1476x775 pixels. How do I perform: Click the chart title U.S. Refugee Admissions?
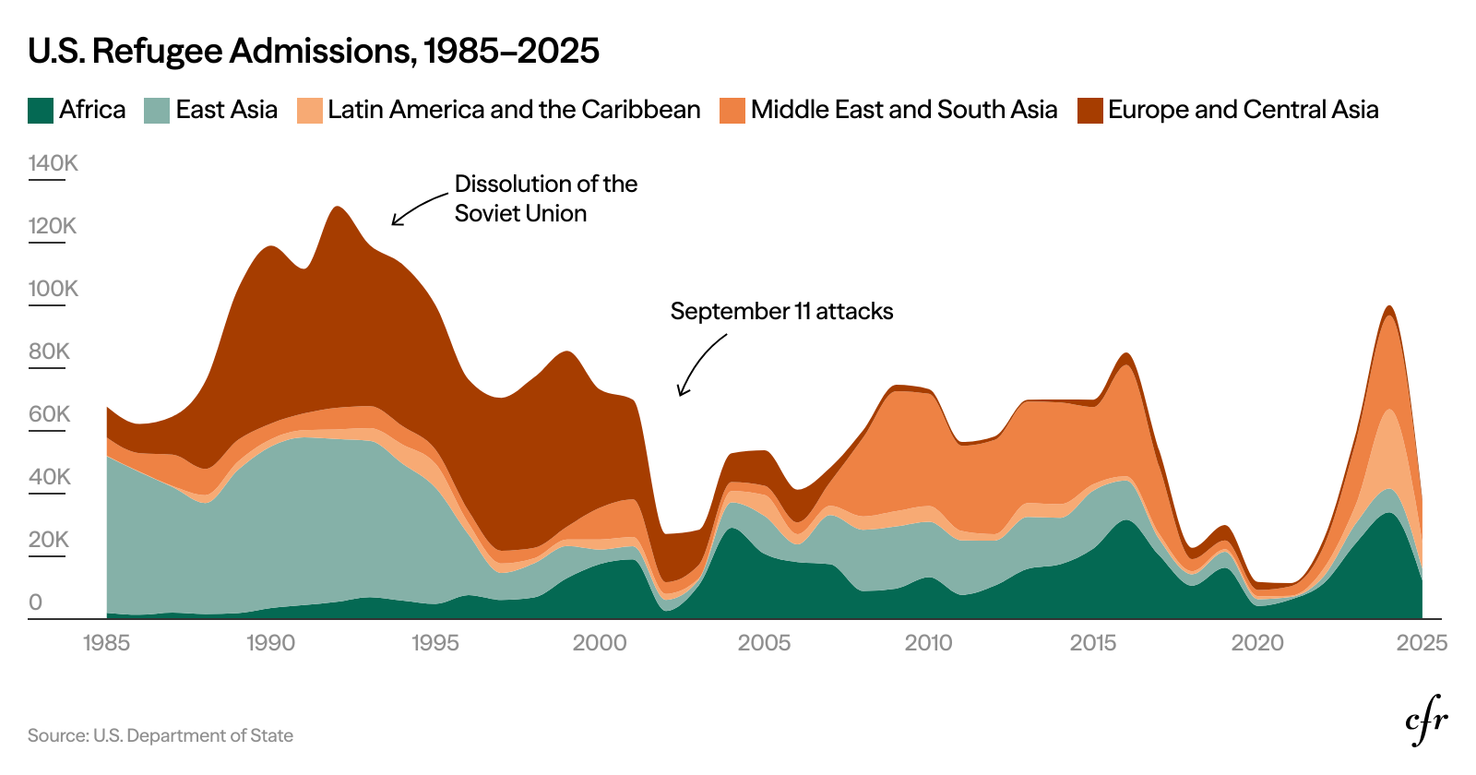pyautogui.click(x=314, y=51)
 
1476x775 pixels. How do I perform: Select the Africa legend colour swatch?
pyautogui.click(x=41, y=111)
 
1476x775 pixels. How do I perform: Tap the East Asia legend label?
pyautogui.click(x=226, y=110)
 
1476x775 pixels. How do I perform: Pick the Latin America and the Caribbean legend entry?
pyautogui.click(x=513, y=110)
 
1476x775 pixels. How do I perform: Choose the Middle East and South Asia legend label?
pyautogui.click(x=903, y=110)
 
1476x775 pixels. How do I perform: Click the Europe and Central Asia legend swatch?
pyautogui.click(x=1090, y=111)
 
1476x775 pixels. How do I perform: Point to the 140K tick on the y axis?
pyautogui.click(x=53, y=163)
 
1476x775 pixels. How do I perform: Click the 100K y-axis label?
pyautogui.click(x=53, y=289)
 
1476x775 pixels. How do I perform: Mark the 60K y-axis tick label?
pyautogui.click(x=49, y=414)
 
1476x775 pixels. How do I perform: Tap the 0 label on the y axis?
pyautogui.click(x=35, y=602)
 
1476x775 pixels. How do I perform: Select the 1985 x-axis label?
pyautogui.click(x=106, y=643)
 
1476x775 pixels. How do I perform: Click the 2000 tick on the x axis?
pyautogui.click(x=600, y=643)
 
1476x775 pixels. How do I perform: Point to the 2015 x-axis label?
pyautogui.click(x=1093, y=643)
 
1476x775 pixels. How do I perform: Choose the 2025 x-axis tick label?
pyautogui.click(x=1422, y=643)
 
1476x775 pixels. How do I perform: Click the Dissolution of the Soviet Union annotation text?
pyautogui.click(x=544, y=198)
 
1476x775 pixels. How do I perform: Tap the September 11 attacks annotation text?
pyautogui.click(x=781, y=312)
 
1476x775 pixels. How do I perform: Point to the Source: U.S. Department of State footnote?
pyautogui.click(x=161, y=736)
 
